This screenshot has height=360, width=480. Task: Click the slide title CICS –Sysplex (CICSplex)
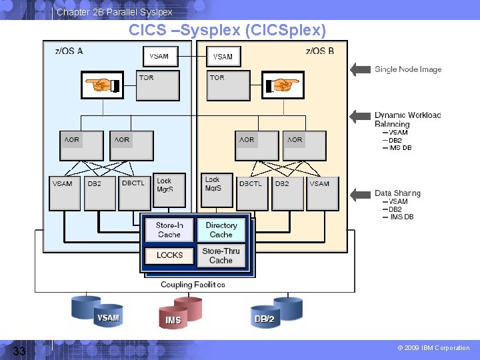(x=227, y=31)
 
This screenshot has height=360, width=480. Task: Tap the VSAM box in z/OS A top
(x=159, y=57)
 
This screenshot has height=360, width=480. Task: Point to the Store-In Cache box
(x=169, y=230)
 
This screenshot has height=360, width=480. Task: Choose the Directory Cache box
(x=221, y=230)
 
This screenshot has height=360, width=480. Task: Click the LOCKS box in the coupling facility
(x=169, y=255)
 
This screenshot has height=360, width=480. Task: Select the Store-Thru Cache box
(x=221, y=255)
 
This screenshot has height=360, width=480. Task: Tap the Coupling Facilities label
(x=193, y=285)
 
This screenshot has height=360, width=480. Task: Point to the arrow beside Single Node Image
(x=360, y=69)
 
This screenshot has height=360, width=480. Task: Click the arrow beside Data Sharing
(x=360, y=194)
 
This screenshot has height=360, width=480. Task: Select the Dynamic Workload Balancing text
(x=407, y=119)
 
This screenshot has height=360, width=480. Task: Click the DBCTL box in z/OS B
(x=252, y=191)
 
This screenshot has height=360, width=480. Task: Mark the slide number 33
(x=19, y=351)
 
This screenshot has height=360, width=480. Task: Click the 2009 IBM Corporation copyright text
(x=433, y=348)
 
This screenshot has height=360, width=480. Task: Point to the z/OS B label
(x=320, y=51)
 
